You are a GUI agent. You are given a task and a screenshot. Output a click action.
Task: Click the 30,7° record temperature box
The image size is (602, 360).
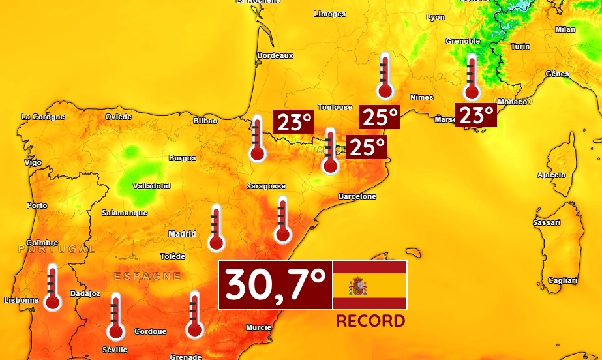click(275, 285)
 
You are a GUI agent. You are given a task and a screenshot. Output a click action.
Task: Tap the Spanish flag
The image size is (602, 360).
click(370, 285)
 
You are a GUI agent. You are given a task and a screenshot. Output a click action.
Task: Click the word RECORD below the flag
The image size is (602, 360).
click(370, 321)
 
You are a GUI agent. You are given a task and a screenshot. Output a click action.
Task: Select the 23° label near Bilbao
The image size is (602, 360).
click(293, 122)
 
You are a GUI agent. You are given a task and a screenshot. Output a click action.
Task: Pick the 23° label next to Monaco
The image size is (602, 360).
click(476, 115)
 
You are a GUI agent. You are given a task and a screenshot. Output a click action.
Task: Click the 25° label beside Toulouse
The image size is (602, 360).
click(380, 117)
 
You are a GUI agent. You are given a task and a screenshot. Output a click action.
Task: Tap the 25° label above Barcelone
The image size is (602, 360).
click(366, 147)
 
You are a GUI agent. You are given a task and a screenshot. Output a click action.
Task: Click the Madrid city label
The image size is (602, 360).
click(182, 233)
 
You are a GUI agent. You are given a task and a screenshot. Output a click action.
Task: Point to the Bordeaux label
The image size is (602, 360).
click(275, 56)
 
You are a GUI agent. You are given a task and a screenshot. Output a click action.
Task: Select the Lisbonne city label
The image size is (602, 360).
click(21, 300)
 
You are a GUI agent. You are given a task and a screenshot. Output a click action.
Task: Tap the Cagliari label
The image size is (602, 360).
click(563, 280)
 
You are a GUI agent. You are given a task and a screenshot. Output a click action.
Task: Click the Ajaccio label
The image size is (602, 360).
click(551, 175)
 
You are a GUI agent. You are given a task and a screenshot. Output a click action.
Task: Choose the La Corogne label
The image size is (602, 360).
click(43, 117)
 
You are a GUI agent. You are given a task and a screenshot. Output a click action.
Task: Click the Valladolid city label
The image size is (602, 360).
click(151, 186)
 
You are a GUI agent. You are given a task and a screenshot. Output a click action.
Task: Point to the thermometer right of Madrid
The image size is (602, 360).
click(216, 228)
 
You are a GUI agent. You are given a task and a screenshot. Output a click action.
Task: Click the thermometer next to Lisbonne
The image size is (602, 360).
click(52, 288)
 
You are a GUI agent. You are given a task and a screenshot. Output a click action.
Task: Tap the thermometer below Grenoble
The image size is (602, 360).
click(472, 78)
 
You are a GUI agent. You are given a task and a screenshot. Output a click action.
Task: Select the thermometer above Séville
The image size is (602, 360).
click(116, 317)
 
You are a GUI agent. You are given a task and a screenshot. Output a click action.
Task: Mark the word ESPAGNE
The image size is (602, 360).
click(147, 277)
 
